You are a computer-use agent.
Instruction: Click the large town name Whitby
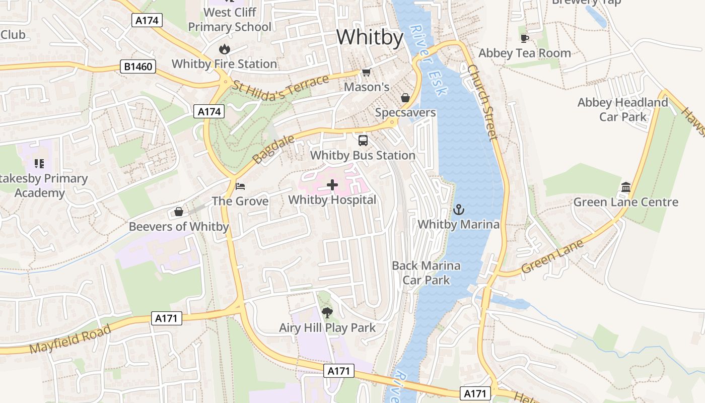(370, 38)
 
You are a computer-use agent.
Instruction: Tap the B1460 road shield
(138, 66)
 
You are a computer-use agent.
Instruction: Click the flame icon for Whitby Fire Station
(224, 49)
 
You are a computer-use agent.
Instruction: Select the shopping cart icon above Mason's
(367, 73)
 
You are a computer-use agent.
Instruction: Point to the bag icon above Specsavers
(405, 98)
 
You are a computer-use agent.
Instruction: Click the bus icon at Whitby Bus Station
(363, 141)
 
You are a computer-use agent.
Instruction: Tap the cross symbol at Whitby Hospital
(332, 185)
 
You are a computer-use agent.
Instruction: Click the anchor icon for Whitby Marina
(459, 210)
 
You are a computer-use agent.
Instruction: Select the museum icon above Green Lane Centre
(626, 187)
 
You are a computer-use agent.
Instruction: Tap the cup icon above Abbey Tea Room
(524, 38)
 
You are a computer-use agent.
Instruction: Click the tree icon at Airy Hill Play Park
(327, 313)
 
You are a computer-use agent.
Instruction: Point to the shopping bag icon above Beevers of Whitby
(178, 212)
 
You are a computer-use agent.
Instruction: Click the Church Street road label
(482, 102)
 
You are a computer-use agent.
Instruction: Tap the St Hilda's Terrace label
(280, 89)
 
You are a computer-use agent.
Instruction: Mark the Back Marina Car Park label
(426, 273)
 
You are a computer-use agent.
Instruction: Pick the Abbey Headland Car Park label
(622, 110)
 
